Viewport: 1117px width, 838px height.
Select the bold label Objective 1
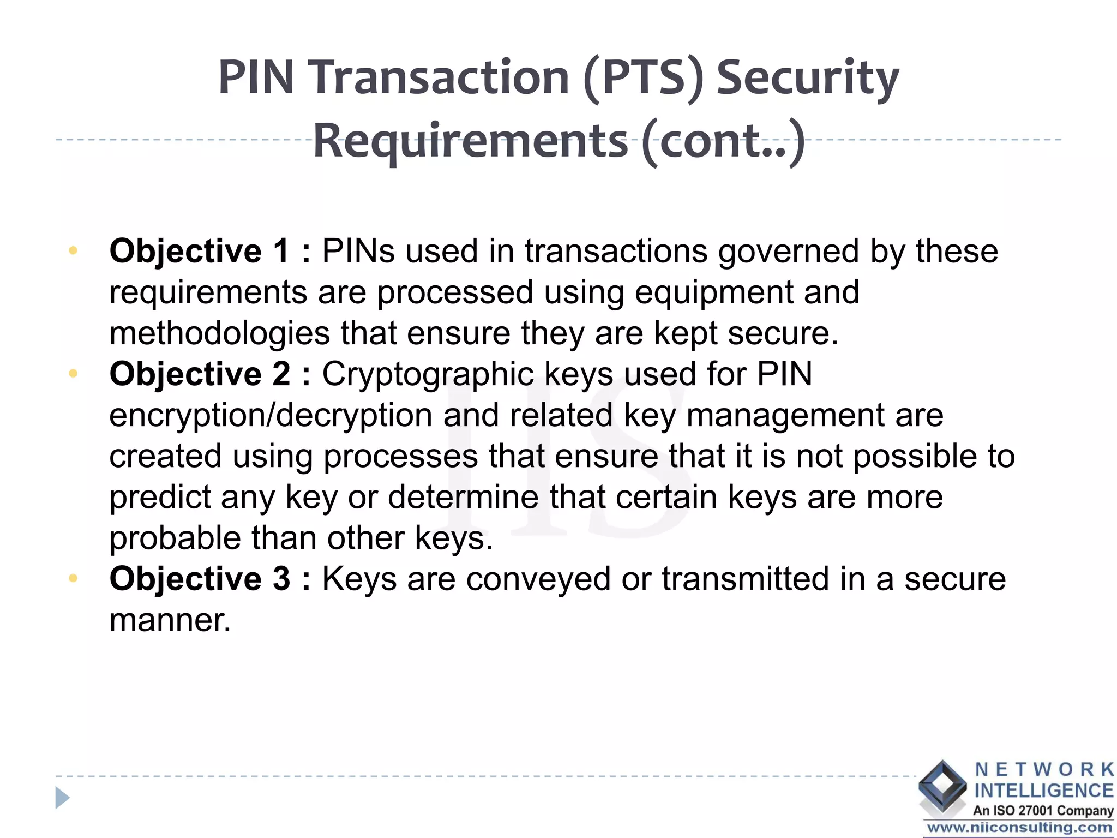(199, 252)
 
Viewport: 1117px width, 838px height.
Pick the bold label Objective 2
(200, 374)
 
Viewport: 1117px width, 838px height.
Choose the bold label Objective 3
(200, 579)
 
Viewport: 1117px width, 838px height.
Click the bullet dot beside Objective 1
(73, 251)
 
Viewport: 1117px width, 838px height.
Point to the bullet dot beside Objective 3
(73, 578)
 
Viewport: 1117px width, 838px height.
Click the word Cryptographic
(428, 375)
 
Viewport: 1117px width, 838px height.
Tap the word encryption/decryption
(271, 416)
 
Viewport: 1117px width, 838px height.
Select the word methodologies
(220, 333)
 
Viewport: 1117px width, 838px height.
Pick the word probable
(175, 539)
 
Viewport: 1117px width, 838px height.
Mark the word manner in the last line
(170, 620)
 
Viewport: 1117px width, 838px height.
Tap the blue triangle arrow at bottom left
(62, 798)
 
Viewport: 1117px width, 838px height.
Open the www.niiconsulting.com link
(1019, 828)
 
